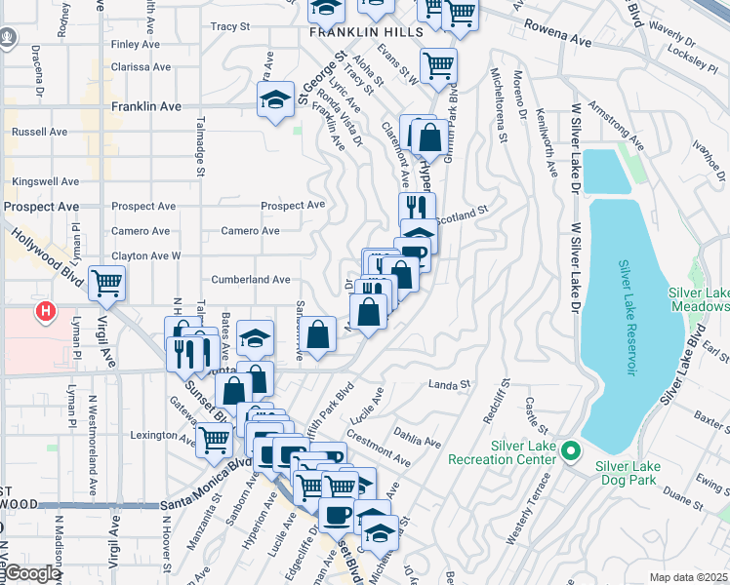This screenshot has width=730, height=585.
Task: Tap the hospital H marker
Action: (45, 312)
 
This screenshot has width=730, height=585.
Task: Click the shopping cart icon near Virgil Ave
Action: (107, 284)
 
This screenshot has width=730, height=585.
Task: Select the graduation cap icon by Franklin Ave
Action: (276, 98)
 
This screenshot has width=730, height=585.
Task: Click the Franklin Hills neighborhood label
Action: (352, 32)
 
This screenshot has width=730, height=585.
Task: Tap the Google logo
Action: (32, 573)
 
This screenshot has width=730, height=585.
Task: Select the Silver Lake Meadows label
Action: (699, 299)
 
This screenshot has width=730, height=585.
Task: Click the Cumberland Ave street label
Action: (252, 280)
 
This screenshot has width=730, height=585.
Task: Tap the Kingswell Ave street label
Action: (46, 181)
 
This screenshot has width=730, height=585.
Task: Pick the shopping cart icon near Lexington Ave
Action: (214, 440)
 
